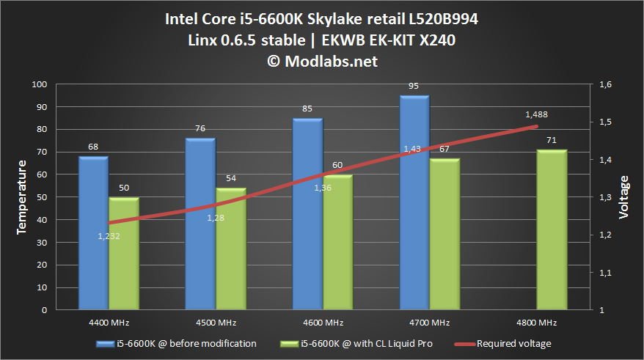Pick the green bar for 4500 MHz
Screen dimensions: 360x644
231,249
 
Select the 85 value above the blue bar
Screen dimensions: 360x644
307,109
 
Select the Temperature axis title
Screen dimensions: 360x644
21,198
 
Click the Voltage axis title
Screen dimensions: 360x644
623,198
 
